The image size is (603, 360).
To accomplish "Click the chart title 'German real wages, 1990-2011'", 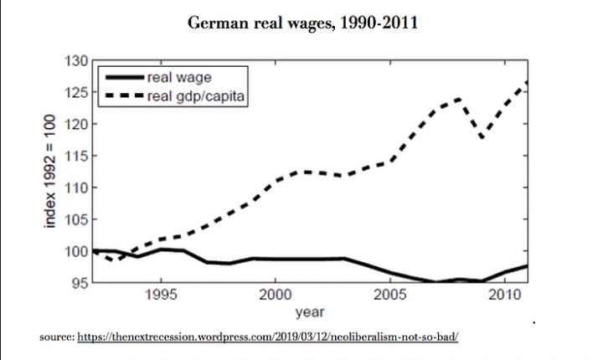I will click(302, 23).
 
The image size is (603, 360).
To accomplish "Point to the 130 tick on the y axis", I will click(77, 61).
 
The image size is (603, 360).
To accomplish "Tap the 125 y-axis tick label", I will click(77, 93).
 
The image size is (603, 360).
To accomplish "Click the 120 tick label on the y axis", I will click(77, 125).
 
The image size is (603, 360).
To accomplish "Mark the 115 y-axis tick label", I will click(77, 156).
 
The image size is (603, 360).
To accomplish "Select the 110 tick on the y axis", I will click(77, 188).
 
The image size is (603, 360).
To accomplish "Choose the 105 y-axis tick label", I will click(77, 219).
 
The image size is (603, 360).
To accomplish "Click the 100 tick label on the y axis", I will click(77, 251).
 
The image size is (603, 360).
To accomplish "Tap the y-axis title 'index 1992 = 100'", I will click(52, 172).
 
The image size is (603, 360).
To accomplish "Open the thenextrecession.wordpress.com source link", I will click(268, 337).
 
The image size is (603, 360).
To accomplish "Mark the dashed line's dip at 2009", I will click(482, 136).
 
